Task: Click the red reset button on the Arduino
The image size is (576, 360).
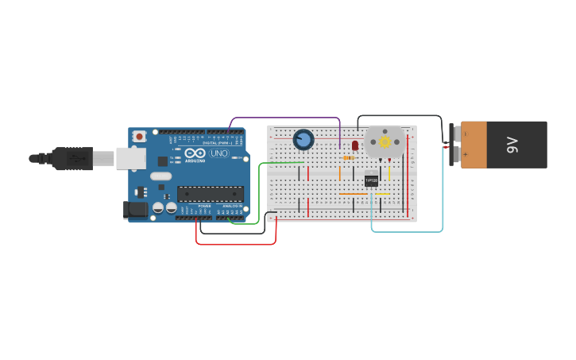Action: point(140,137)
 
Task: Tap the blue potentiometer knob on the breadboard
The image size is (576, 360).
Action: point(303,140)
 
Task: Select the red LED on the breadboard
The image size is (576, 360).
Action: point(355,145)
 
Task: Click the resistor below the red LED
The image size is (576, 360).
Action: point(349,157)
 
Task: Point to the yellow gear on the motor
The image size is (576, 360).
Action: point(385,142)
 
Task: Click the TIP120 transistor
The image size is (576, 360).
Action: point(371,180)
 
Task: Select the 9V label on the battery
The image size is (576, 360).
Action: point(512,145)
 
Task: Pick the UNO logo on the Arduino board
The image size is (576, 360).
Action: point(218,153)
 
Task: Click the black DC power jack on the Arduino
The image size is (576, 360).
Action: point(135,210)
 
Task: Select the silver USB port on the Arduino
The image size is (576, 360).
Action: point(130,158)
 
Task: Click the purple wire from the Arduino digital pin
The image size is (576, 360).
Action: point(286,118)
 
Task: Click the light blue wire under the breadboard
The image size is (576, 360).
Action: point(407,232)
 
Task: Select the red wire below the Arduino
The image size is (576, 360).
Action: point(235,243)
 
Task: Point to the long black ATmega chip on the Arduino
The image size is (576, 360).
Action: point(211,193)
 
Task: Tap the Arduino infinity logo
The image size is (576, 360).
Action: point(195,153)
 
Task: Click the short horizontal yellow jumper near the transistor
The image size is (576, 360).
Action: point(381,193)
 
